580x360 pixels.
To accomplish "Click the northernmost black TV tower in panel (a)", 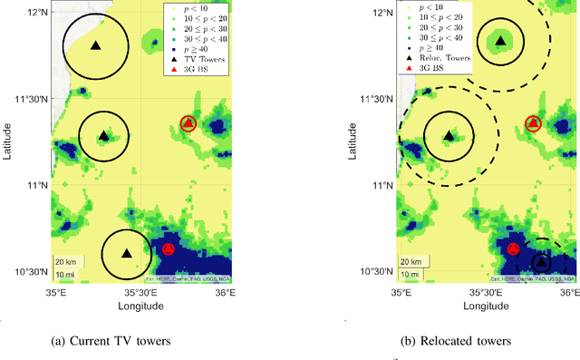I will coord(96,44).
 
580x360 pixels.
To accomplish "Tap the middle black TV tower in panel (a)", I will coord(103,136).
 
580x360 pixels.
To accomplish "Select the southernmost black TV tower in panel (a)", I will coord(127,253).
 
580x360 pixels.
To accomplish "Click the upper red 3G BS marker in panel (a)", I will coord(188,122).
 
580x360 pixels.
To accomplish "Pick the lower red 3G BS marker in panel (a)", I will coord(168,248).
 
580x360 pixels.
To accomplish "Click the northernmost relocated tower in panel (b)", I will coord(500,40).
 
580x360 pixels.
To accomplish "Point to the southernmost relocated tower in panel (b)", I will coord(541,261).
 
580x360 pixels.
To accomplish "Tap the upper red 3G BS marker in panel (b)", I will coord(534,122).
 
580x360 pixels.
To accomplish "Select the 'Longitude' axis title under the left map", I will coord(140,306).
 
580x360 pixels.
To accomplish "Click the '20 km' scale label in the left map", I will coord(64,262).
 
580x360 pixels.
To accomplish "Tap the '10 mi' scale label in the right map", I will coord(410,273).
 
